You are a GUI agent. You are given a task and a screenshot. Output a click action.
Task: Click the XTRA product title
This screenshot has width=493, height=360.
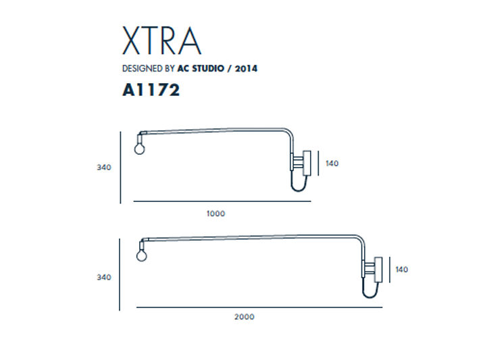pyautogui.click(x=161, y=41)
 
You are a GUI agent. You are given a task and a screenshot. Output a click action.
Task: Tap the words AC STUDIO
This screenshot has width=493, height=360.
pyautogui.click(x=201, y=68)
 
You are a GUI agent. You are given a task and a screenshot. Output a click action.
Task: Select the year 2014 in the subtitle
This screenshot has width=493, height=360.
pyautogui.click(x=246, y=68)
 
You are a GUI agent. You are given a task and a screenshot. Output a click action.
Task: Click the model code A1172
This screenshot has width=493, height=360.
pyautogui.click(x=151, y=90)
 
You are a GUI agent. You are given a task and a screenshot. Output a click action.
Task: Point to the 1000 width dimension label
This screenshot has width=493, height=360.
pyautogui.click(x=215, y=214)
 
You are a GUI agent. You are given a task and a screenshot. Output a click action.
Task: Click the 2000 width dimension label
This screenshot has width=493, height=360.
pyautogui.click(x=244, y=317)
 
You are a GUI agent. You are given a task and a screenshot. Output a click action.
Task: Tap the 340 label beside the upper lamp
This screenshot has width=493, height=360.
pyautogui.click(x=104, y=168)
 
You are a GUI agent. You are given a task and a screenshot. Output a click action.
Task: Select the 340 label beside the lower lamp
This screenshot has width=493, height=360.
pyautogui.click(x=104, y=278)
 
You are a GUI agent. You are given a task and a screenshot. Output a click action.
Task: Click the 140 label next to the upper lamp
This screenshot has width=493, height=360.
pyautogui.click(x=332, y=163)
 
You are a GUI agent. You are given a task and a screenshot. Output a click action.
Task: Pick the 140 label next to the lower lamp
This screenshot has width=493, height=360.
pyautogui.click(x=402, y=269)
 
